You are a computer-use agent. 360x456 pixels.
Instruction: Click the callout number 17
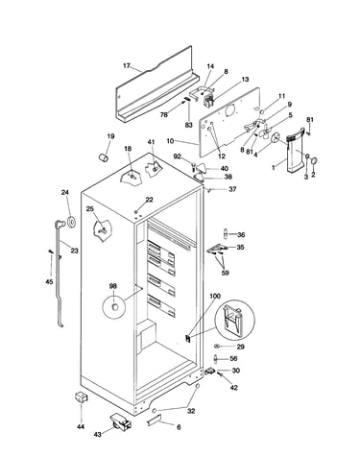(x=127, y=66)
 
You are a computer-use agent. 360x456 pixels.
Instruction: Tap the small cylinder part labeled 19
(x=104, y=157)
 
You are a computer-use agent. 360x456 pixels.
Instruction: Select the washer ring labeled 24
(x=71, y=222)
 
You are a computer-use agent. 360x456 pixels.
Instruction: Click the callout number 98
(x=113, y=286)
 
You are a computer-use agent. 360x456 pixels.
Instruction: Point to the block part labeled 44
(x=82, y=398)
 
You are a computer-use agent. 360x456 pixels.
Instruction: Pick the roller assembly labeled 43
(x=121, y=421)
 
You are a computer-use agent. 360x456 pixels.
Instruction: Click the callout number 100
(x=215, y=296)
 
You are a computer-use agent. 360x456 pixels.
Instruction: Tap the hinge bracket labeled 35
(x=218, y=249)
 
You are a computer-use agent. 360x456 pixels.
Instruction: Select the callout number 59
(x=225, y=273)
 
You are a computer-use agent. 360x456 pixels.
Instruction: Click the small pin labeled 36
(x=226, y=233)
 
